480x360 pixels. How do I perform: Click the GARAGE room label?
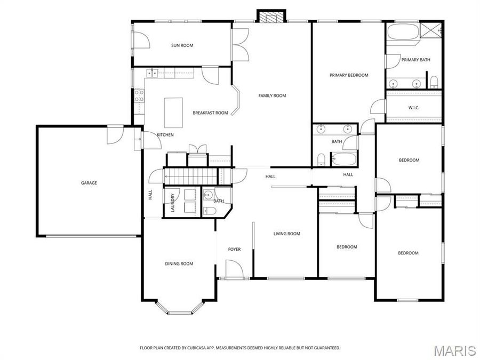tap(89, 183)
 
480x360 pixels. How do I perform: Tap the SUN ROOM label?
tap(182, 45)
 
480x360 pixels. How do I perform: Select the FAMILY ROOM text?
tap(272, 95)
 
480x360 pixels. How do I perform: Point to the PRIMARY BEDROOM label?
tap(349, 75)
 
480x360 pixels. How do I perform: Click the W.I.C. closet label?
tap(414, 108)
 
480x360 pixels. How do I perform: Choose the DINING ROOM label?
tap(179, 263)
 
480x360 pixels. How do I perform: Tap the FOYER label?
tap(234, 249)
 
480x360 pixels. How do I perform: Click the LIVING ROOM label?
tap(286, 234)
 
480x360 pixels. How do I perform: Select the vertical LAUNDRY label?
tap(173, 202)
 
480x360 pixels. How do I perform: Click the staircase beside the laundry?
tap(190, 175)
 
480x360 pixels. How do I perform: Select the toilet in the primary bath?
tap(434, 82)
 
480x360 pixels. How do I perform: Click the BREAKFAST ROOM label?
tap(210, 113)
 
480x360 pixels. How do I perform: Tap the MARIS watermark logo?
tap(454, 350)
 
